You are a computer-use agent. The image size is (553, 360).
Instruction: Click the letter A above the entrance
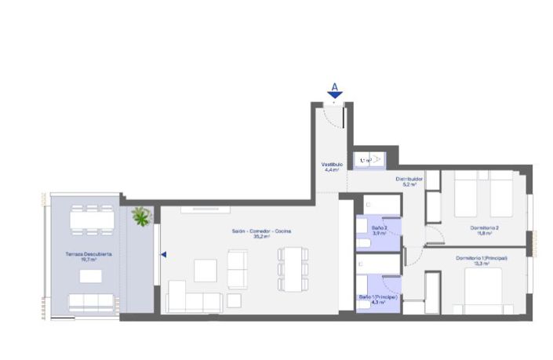334,86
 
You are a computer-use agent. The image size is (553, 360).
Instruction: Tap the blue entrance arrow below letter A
334,96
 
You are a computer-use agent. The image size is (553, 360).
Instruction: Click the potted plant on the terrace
141,216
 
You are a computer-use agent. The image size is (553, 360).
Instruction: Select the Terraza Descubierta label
88,254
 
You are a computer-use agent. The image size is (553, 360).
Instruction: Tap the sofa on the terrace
91,302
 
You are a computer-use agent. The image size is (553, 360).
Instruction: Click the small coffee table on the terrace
90,276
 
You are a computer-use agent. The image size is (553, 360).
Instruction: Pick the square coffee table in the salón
206,270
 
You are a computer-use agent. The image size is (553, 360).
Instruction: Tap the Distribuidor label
409,179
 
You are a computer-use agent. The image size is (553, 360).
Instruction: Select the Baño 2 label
379,227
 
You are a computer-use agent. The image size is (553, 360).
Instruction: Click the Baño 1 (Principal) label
378,297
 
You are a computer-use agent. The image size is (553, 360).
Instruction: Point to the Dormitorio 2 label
485,227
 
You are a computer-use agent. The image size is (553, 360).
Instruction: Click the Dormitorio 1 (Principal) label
482,258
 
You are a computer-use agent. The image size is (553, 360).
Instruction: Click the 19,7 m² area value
88,260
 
